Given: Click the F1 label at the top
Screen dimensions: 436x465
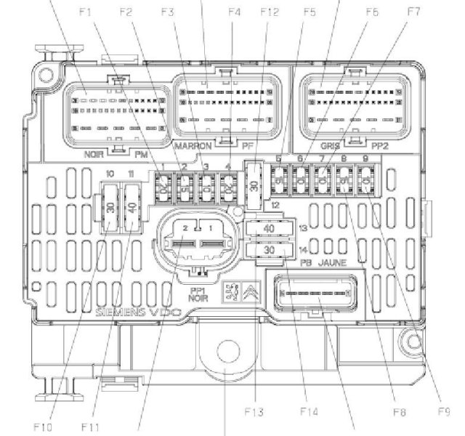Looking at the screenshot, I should tap(86, 12).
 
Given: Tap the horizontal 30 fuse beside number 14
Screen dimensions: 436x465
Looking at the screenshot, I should tap(268, 250).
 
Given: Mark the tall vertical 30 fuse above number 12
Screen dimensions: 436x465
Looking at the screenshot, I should tap(254, 185).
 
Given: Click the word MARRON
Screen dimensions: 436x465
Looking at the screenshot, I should tap(193, 146).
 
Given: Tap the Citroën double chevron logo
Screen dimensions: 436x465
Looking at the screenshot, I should tap(249, 293).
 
